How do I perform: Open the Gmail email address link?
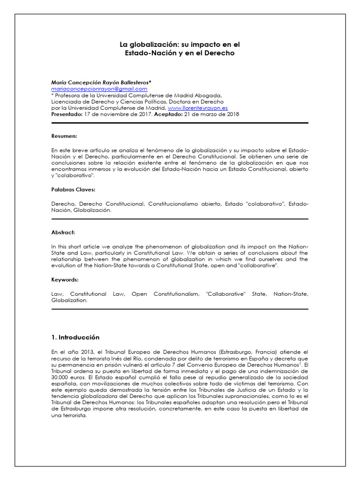click(x=99, y=89)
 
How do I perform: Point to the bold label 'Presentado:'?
click(x=67, y=114)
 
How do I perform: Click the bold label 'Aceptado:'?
click(x=169, y=114)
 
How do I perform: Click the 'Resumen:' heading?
click(x=64, y=136)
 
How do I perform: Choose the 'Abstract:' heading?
click(x=63, y=232)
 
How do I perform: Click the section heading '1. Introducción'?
click(x=75, y=337)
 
